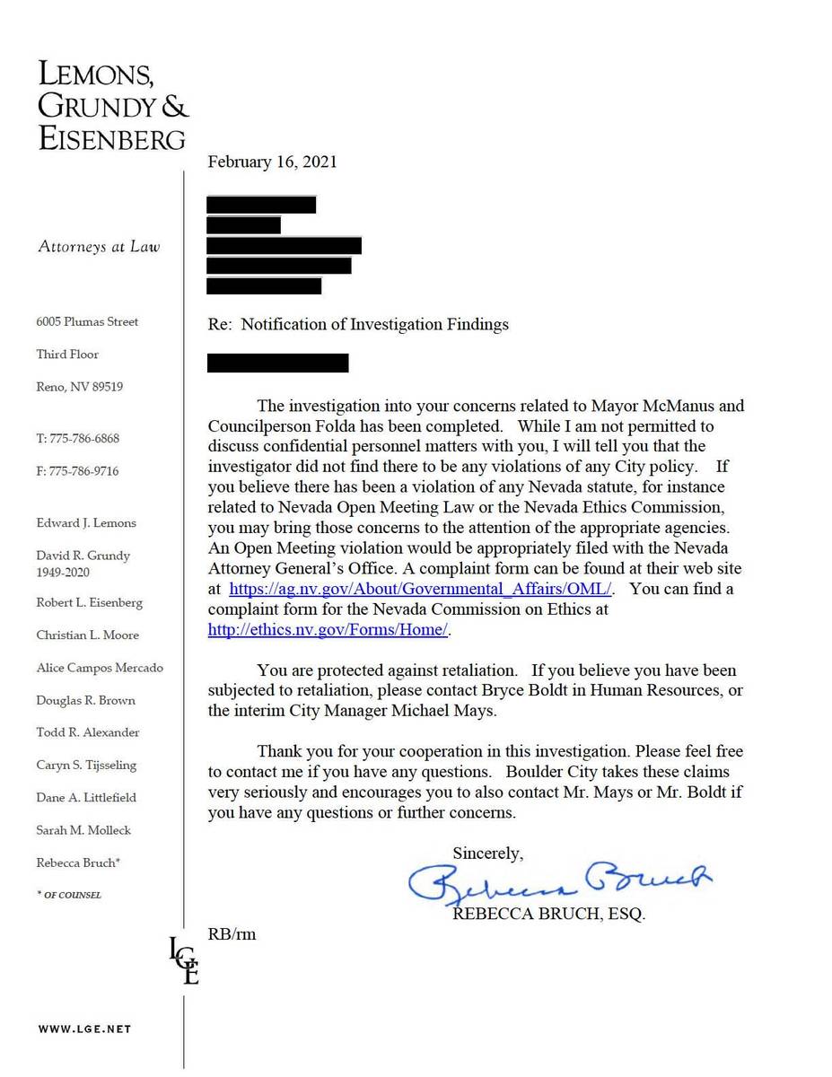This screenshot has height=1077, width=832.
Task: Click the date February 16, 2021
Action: pyautogui.click(x=272, y=162)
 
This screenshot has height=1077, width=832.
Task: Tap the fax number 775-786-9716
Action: pyautogui.click(x=77, y=471)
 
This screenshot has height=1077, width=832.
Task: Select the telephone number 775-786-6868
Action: pyautogui.click(x=77, y=439)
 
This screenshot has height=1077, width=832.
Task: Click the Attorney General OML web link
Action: pyautogui.click(x=421, y=590)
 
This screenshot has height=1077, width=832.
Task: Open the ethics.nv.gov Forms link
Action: pyautogui.click(x=328, y=630)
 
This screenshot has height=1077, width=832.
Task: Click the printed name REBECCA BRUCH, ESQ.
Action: pyautogui.click(x=548, y=915)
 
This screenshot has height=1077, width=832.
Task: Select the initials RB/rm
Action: pyautogui.click(x=232, y=934)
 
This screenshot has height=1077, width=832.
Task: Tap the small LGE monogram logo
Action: pyautogui.click(x=184, y=960)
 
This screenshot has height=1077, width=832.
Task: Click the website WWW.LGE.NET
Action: pyautogui.click(x=84, y=1029)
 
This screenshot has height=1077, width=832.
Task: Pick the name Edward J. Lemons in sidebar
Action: pyautogui.click(x=86, y=523)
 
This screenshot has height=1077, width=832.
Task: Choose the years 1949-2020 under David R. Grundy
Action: pyautogui.click(x=63, y=573)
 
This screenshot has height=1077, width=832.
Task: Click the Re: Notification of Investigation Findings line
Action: pyautogui.click(x=358, y=325)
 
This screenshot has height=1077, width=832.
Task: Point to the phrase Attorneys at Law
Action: pyautogui.click(x=99, y=247)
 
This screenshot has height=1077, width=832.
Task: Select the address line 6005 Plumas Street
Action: pyautogui.click(x=87, y=322)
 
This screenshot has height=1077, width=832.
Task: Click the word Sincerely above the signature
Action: pyautogui.click(x=487, y=854)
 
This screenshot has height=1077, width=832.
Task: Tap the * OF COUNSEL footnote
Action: pyautogui.click(x=69, y=896)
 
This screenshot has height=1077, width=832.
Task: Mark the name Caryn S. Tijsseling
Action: pyautogui.click(x=87, y=766)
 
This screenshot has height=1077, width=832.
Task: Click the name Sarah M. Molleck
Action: pyautogui.click(x=83, y=830)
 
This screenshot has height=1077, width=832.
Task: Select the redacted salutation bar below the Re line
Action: pyautogui.click(x=277, y=363)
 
